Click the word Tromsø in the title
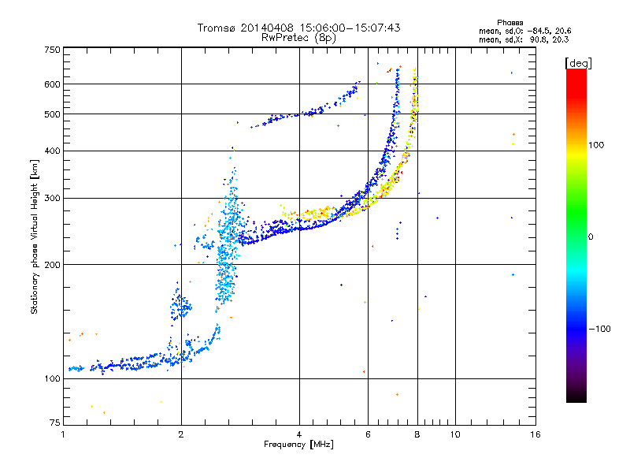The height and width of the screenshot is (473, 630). pos(216,28)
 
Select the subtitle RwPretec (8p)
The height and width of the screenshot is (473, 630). pos(299,38)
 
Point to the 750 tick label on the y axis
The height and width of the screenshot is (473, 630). pos(52,50)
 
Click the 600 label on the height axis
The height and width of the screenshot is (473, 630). pos(52,84)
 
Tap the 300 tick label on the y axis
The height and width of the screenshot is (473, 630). pos(52,198)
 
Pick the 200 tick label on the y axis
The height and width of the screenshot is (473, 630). pos(52,265)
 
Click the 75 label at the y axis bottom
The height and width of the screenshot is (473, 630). pos(55,423)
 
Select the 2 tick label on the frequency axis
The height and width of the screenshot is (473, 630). pos(181,434)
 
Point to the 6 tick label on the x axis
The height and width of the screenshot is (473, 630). pos(368,434)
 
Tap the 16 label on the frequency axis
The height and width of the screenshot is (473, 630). pos(535,434)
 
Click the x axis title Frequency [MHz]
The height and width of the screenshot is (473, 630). pos(299,445)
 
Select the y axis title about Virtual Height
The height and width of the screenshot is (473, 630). pos(34,237)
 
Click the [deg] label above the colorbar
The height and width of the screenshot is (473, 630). pos(578,63)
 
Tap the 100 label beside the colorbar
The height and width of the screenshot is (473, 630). pos(596,145)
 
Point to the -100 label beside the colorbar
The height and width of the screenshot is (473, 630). pos(599,329)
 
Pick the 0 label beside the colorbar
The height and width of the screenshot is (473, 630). pos(591,237)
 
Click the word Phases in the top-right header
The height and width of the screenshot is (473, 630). pos(510,23)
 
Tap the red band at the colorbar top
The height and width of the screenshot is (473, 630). pos(576,80)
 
